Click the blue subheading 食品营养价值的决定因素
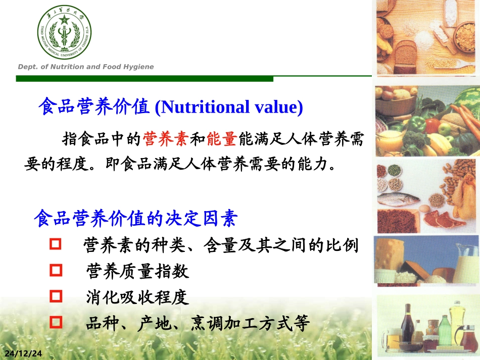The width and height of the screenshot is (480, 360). (x=135, y=219)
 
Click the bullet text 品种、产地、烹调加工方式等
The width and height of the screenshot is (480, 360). (x=197, y=323)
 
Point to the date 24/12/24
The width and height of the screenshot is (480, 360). (x=24, y=353)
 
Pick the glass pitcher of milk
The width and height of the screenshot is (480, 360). (x=465, y=263)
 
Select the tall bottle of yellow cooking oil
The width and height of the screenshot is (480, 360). (x=457, y=318)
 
